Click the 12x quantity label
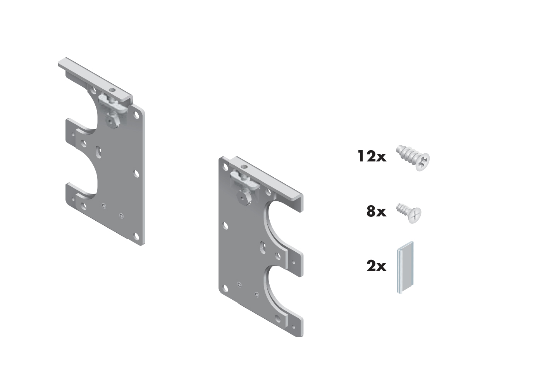pyautogui.click(x=372, y=156)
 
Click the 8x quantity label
pyautogui.click(x=377, y=211)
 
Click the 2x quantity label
pyautogui.click(x=377, y=266)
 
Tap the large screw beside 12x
pyautogui.click(x=413, y=158)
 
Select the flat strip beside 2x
pyautogui.click(x=405, y=268)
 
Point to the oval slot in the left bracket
pyautogui.click(x=98, y=152)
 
